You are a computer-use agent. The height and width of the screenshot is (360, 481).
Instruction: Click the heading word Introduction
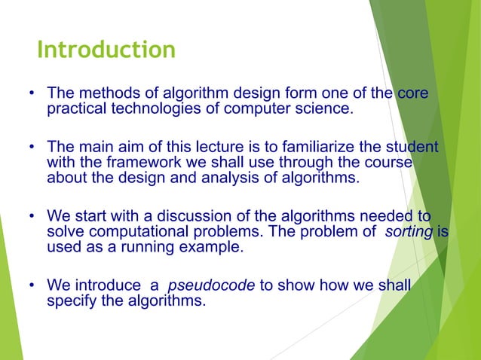[106, 50]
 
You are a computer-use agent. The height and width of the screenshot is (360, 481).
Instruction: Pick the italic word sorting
[408, 232]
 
